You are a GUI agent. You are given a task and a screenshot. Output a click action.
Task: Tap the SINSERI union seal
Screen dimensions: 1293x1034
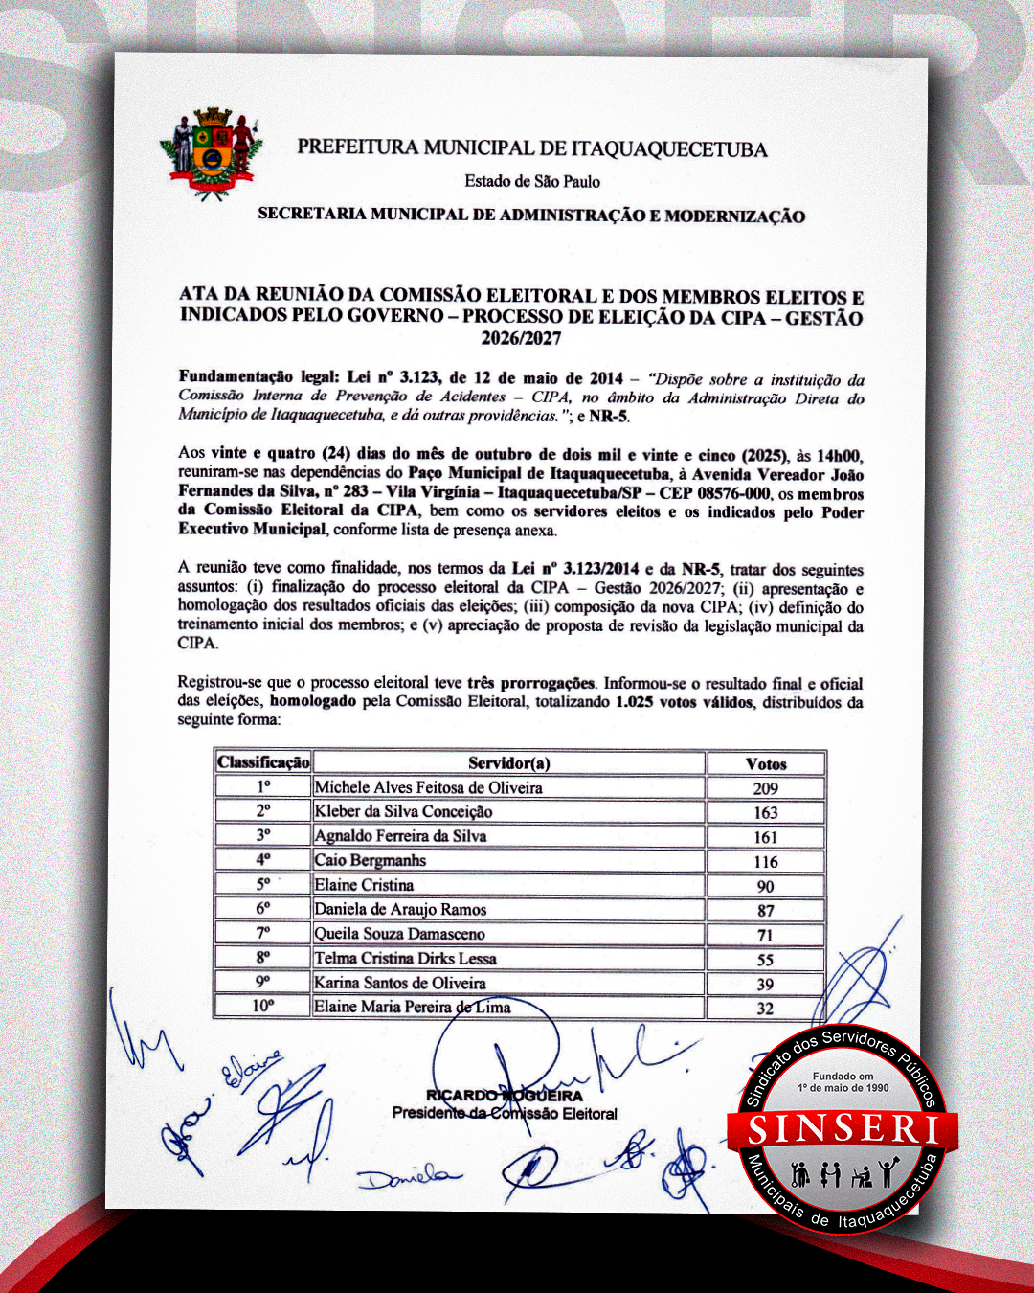[843, 1130]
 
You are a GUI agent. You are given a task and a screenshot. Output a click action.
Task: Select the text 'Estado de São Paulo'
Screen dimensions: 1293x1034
[532, 181]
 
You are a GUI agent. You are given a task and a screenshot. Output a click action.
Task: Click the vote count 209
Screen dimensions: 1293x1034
[765, 788]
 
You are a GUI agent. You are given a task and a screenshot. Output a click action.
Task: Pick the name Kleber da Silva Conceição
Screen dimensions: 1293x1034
[403, 811]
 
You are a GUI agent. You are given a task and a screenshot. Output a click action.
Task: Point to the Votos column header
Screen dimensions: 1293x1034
[765, 763]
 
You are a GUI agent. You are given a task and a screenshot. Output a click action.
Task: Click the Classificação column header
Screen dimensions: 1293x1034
[263, 762]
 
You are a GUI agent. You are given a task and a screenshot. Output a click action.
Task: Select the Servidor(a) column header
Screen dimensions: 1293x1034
[508, 763]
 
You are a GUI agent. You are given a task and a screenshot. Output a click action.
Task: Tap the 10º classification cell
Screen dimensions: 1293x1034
[263, 1006]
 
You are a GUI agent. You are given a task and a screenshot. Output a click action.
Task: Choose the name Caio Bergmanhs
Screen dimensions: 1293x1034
[371, 860]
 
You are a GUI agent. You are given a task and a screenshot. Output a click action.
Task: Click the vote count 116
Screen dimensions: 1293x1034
[765, 862]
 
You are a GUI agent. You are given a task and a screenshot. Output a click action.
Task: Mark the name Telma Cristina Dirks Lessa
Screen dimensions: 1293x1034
[405, 958]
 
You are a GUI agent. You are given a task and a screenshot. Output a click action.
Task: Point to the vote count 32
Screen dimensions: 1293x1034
[765, 1008]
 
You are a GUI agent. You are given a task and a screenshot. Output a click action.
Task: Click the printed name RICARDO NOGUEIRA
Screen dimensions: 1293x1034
[505, 1095]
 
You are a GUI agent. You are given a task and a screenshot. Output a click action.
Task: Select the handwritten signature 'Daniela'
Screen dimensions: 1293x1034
[408, 1175]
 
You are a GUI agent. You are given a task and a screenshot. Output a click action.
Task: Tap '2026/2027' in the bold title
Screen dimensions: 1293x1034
[521, 338]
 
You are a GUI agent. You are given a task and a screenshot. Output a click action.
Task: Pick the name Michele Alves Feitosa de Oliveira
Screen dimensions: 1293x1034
[428, 787]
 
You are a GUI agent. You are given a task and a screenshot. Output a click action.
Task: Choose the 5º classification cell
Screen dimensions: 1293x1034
[263, 884]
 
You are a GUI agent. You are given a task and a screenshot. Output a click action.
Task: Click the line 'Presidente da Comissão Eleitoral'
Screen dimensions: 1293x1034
[505, 1113]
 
